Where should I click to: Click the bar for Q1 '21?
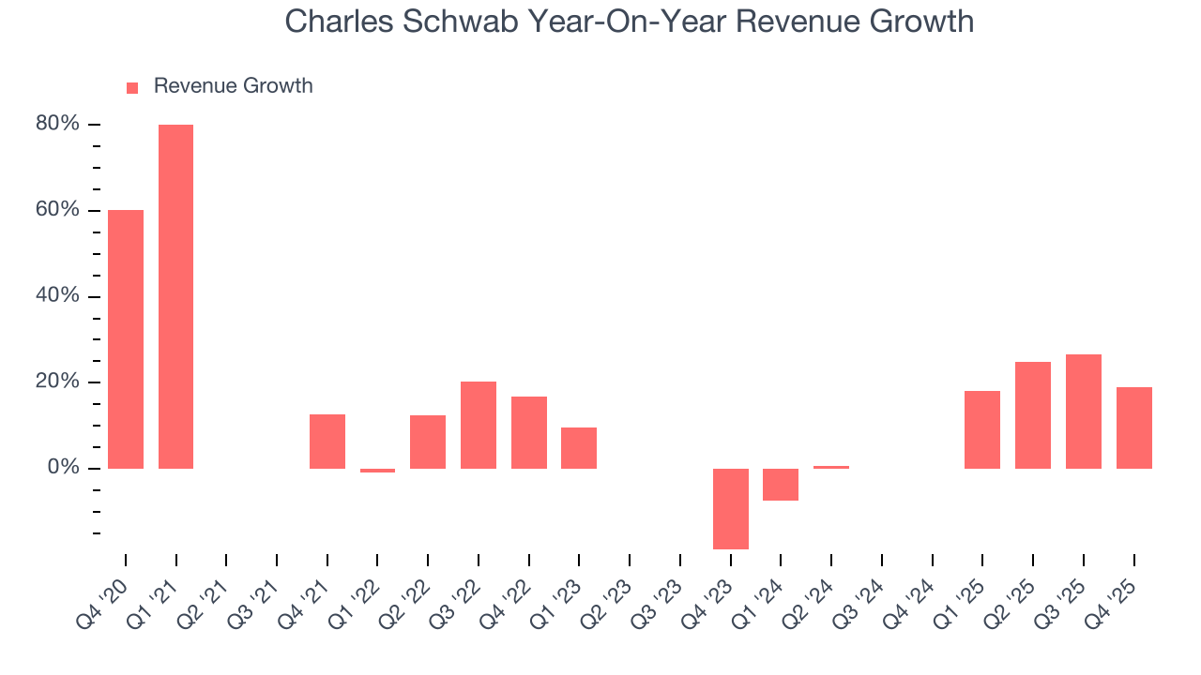175,296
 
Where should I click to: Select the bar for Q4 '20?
126,338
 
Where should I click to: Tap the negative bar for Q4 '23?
731,508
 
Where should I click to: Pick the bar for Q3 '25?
1084,411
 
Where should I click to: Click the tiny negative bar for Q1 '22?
377,471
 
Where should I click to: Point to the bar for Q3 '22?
479,425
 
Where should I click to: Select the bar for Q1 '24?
781,485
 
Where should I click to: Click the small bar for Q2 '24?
831,467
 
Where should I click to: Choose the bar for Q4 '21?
327,441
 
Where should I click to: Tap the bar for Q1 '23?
579,447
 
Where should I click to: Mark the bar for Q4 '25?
1134,427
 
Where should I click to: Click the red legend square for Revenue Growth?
132,87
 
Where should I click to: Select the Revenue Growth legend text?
233,86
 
